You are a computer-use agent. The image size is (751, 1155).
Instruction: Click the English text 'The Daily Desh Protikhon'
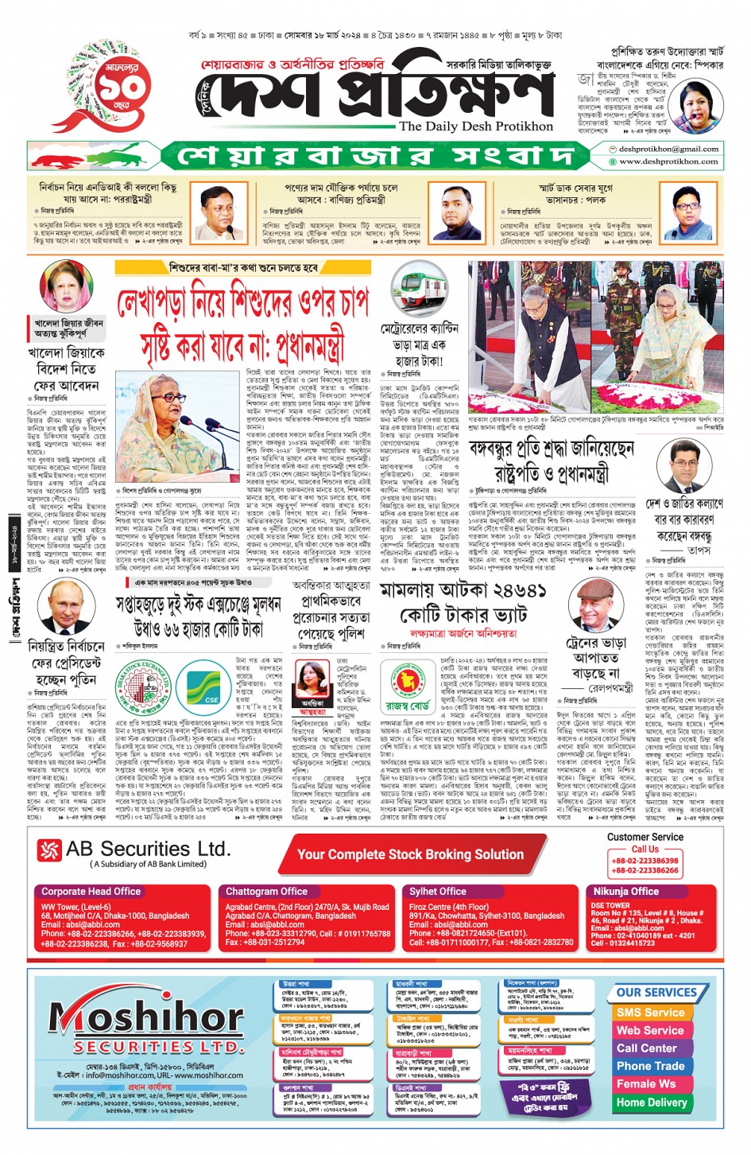click(x=475, y=126)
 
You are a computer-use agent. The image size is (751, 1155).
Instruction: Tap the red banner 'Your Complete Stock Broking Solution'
click(x=410, y=854)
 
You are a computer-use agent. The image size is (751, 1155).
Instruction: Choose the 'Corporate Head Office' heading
click(x=91, y=892)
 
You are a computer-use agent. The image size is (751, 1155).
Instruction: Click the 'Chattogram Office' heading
click(x=266, y=892)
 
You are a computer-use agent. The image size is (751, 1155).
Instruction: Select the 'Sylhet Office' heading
click(x=438, y=892)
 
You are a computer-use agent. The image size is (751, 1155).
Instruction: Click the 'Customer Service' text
click(x=645, y=837)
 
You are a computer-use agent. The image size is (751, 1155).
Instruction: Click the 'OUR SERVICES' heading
click(x=656, y=993)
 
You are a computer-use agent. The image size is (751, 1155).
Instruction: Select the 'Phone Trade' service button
click(x=650, y=1066)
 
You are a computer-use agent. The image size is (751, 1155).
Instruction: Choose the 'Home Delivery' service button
click(x=651, y=1102)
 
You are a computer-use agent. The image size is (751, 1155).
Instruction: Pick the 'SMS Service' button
click(x=650, y=1013)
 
